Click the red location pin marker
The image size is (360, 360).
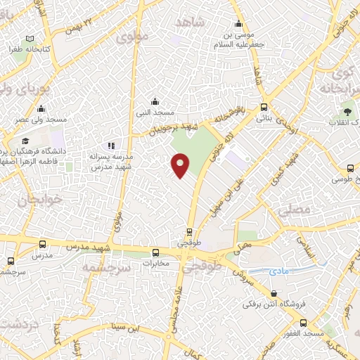point(181,165)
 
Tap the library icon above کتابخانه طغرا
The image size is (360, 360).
point(29,39)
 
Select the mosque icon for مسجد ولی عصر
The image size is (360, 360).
point(41,108)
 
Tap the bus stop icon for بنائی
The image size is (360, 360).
point(264,107)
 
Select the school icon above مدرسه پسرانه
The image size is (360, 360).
point(111,145)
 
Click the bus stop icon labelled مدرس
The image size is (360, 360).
point(44,245)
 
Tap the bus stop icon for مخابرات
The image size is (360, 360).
point(155,252)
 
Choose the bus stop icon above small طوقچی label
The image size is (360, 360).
point(190,231)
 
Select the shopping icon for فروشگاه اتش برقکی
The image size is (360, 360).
point(274,293)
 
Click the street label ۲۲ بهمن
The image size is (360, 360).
point(79,26)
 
